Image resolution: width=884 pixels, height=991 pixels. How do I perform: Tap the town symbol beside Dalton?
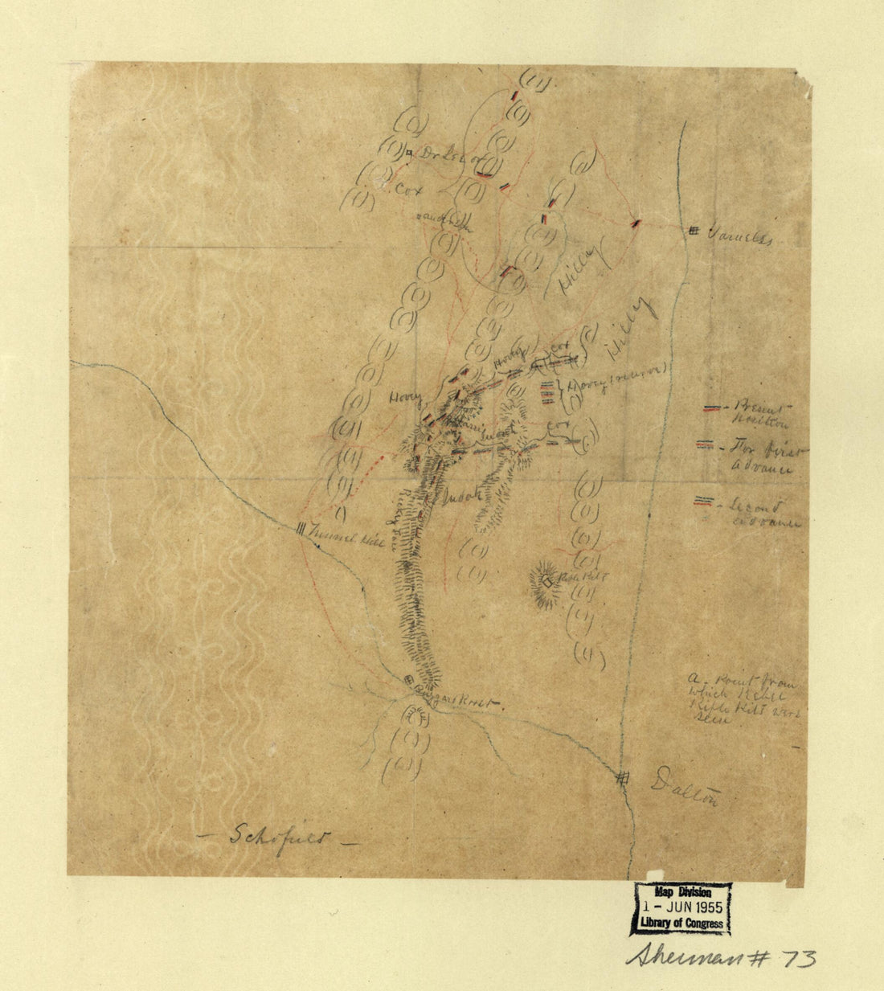tap(623, 776)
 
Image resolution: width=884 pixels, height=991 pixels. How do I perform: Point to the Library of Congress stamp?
tap(681, 909)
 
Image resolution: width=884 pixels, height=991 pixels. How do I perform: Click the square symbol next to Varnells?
tap(694, 231)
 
